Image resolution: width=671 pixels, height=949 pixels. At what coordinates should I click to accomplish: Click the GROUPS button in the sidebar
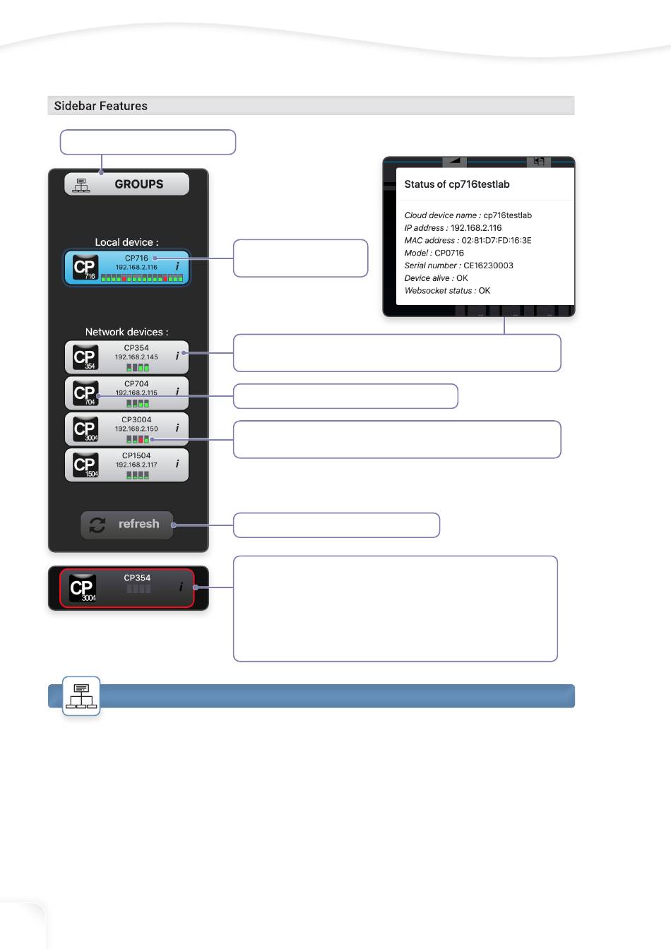[x=127, y=184]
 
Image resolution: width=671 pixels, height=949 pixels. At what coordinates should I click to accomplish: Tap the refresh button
[x=127, y=525]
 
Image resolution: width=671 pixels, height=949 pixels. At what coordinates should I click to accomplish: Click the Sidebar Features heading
[x=101, y=106]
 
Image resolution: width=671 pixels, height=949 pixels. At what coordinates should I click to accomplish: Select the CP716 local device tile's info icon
[x=177, y=267]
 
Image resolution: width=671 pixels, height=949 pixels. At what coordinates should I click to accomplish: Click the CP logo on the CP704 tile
[x=85, y=393]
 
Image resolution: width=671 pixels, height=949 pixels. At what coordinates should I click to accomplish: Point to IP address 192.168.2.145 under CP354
[x=136, y=357]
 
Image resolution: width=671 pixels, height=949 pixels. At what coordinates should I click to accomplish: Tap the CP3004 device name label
[x=136, y=419]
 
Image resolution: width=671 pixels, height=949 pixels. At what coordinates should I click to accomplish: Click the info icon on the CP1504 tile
[x=177, y=464]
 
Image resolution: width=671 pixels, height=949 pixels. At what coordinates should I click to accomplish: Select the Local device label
[x=126, y=242]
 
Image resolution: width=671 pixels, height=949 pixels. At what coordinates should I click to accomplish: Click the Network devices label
[x=126, y=332]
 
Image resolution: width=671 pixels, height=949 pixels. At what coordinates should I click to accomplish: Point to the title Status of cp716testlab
[x=457, y=184]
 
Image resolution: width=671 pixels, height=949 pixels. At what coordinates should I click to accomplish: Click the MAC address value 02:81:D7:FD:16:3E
[x=497, y=241]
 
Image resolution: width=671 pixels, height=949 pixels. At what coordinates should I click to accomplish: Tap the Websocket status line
[x=447, y=291]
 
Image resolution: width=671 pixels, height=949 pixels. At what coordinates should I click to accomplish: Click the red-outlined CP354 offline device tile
[x=127, y=587]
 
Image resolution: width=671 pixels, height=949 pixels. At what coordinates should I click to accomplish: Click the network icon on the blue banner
[x=81, y=696]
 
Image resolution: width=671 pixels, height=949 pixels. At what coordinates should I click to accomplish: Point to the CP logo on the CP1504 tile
[x=85, y=465]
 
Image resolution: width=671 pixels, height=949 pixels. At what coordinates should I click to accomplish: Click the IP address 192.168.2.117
[x=136, y=465]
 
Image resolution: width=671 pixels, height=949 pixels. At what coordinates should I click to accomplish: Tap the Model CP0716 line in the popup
[x=434, y=253]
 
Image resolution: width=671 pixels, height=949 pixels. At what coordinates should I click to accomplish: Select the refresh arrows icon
[x=97, y=525]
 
